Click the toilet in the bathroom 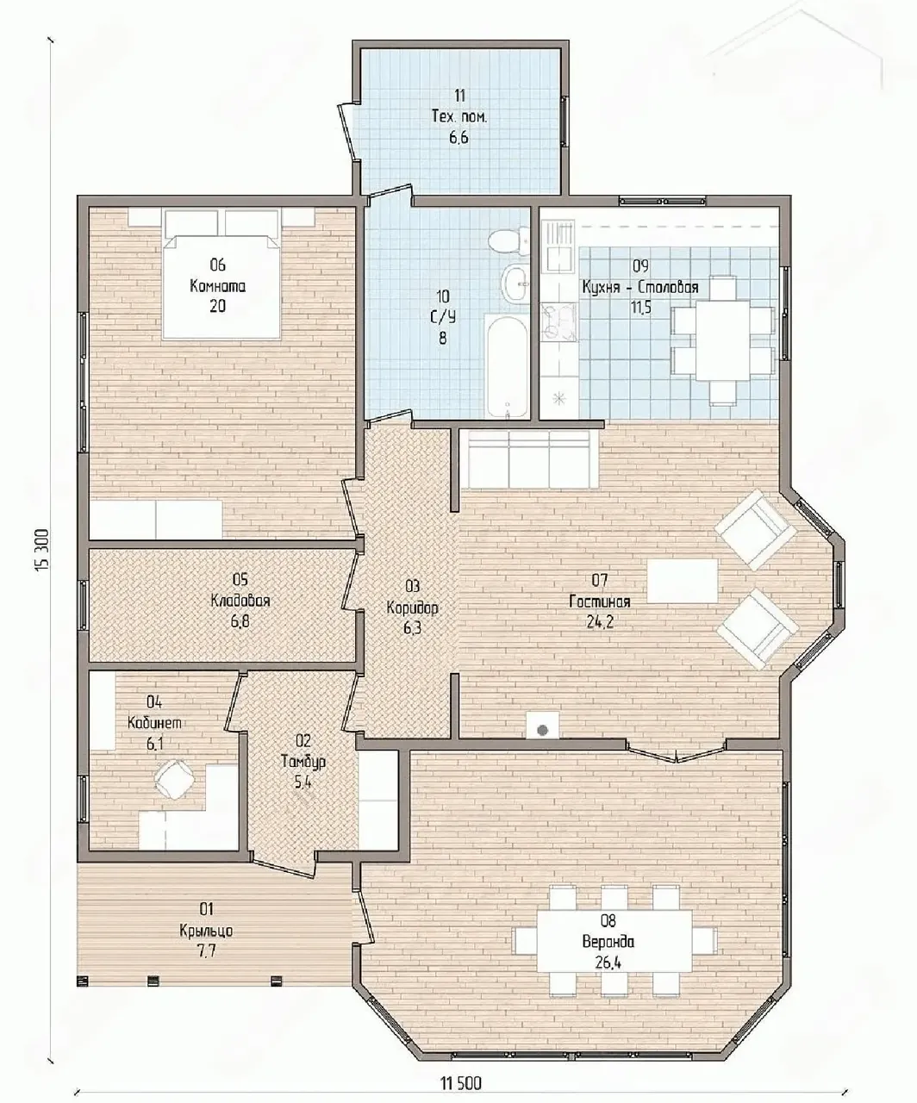(509, 241)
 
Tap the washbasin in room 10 (515, 284)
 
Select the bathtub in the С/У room (507, 365)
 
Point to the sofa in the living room (529, 459)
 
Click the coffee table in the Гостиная (683, 581)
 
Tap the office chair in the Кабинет (174, 779)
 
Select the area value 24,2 (600, 622)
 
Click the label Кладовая (240, 601)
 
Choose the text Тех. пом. (459, 116)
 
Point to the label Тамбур (303, 761)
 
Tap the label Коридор (412, 608)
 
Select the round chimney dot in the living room (542, 730)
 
